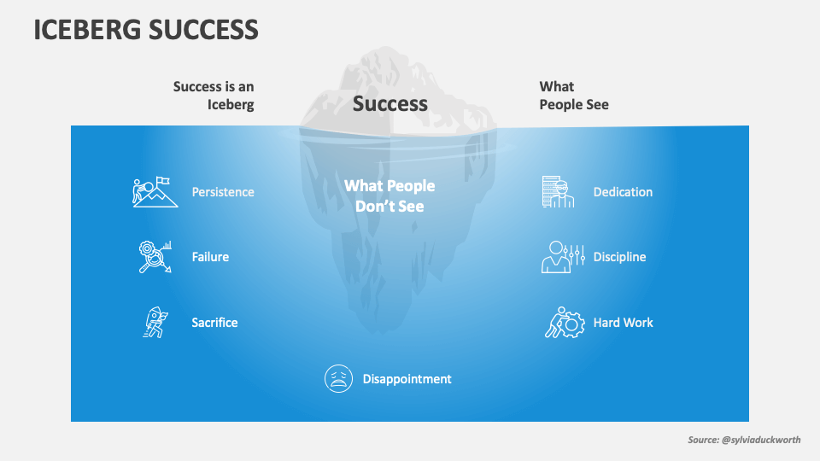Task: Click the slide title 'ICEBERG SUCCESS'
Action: [x=146, y=30]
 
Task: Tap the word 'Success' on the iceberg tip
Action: [x=390, y=104]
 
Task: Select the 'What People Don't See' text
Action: [x=389, y=195]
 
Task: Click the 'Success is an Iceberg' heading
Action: [x=214, y=96]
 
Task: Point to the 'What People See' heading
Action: [x=574, y=96]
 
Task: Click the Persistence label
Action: [x=223, y=192]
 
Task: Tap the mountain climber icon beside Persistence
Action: [x=155, y=192]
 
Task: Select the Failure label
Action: [x=210, y=257]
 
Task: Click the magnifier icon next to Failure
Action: [x=155, y=257]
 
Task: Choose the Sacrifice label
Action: [x=214, y=323]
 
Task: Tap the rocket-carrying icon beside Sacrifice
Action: [x=154, y=323]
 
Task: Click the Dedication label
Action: [x=623, y=192]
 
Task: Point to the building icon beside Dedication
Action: [x=556, y=192]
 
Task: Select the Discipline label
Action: [x=619, y=257]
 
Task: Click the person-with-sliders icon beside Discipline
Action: [x=563, y=257]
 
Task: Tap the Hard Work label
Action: [x=623, y=323]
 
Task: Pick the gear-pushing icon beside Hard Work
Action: [x=564, y=323]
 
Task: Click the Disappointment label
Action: [x=407, y=379]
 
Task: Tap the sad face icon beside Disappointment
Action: [x=339, y=378]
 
